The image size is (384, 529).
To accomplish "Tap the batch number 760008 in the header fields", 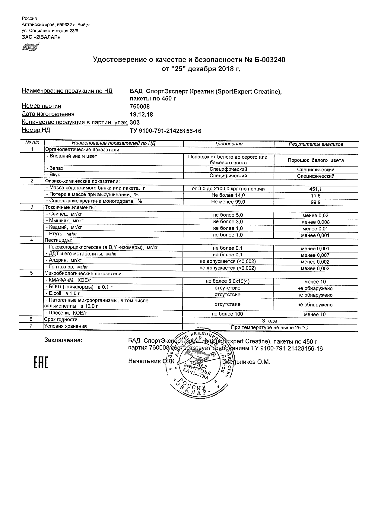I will point(139,106).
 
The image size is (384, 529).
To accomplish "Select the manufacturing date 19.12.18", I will point(141,115).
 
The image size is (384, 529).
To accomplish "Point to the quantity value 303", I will point(135,122).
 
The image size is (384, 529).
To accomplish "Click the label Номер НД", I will point(36,130).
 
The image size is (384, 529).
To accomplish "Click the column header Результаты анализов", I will point(316,144).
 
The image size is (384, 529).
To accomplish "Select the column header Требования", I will point(229,144).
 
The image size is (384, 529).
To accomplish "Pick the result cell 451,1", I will point(316,189).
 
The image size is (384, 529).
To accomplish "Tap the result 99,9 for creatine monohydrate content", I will point(316,202).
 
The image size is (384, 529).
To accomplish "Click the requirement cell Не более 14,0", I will point(228,195).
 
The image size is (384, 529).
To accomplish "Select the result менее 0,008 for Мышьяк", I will point(316,222).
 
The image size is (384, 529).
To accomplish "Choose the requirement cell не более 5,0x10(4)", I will point(228,281).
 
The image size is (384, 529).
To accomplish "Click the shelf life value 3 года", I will point(270,321).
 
